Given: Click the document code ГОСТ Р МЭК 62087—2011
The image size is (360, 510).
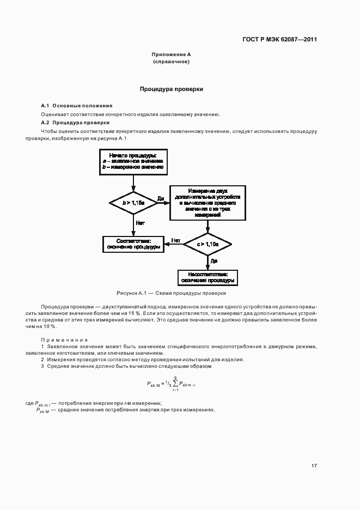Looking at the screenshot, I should (x=279, y=39).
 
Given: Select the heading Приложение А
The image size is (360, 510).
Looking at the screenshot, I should (x=171, y=55).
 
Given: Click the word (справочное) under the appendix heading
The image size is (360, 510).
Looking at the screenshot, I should (x=171, y=62).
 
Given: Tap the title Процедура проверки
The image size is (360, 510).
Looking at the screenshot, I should (x=171, y=89).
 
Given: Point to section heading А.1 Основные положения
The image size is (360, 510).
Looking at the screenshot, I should (x=77, y=105).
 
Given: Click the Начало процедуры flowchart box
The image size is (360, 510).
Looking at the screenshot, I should (x=133, y=162).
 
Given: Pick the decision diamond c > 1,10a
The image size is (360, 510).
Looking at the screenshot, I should (x=208, y=245).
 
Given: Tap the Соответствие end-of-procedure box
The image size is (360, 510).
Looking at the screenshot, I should (x=133, y=244).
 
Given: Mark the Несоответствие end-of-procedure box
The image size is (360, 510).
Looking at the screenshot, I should (x=208, y=277).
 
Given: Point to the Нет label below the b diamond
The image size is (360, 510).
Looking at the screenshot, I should (x=140, y=223).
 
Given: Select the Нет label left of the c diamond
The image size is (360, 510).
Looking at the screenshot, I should (x=175, y=240).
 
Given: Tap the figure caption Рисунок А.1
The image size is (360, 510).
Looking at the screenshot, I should (x=171, y=293).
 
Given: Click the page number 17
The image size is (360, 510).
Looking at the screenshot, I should (x=314, y=466).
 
